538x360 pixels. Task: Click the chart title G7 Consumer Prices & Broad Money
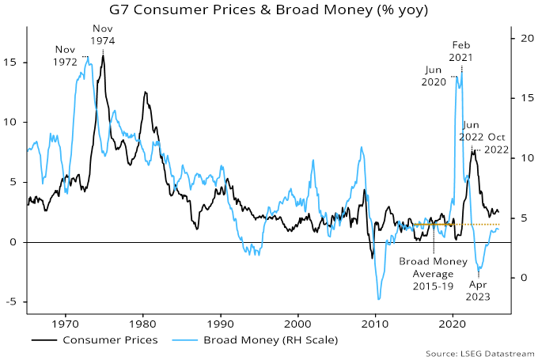[x=269, y=11]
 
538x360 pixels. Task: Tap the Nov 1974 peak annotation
[x=103, y=34]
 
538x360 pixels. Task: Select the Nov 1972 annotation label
[x=66, y=55]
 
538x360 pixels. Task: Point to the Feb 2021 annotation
[x=462, y=51]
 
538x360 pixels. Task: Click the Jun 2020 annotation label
[x=434, y=76]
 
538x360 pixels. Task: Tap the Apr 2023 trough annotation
[x=479, y=290]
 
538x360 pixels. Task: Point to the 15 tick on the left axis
[x=14, y=62]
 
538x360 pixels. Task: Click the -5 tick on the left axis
[x=14, y=302]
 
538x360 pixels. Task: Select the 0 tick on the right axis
[x=520, y=278]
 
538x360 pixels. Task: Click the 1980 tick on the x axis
[x=143, y=324]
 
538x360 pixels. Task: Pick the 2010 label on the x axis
[x=376, y=324]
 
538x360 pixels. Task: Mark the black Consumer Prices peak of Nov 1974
[x=103, y=55]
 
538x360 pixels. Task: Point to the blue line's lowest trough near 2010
[x=379, y=299]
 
